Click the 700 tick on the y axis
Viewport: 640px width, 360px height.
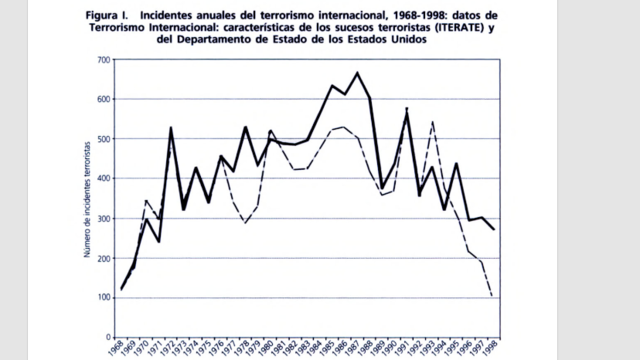pyautogui.click(x=103, y=61)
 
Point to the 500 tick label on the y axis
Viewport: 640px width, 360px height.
pyautogui.click(x=103, y=140)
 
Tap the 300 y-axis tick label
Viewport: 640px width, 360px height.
pyautogui.click(x=103, y=219)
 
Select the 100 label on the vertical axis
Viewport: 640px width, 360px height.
pyautogui.click(x=103, y=298)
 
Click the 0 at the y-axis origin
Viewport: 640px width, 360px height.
pyautogui.click(x=107, y=337)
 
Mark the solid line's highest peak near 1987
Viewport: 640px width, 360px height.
pyautogui.click(x=357, y=73)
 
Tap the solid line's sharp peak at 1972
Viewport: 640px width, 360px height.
pyautogui.click(x=171, y=127)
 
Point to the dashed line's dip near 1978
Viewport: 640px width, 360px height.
pyautogui.click(x=246, y=223)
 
